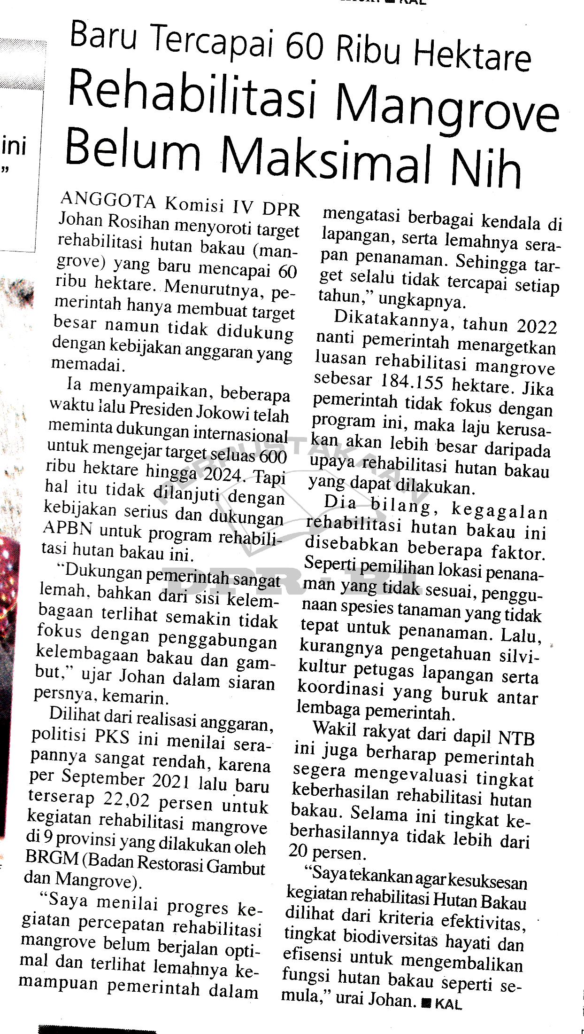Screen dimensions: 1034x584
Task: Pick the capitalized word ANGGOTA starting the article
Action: tap(108, 201)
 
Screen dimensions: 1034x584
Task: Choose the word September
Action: tap(102, 776)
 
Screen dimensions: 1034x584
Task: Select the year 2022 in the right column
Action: tap(536, 326)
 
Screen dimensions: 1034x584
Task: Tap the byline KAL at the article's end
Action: tap(448, 1004)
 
